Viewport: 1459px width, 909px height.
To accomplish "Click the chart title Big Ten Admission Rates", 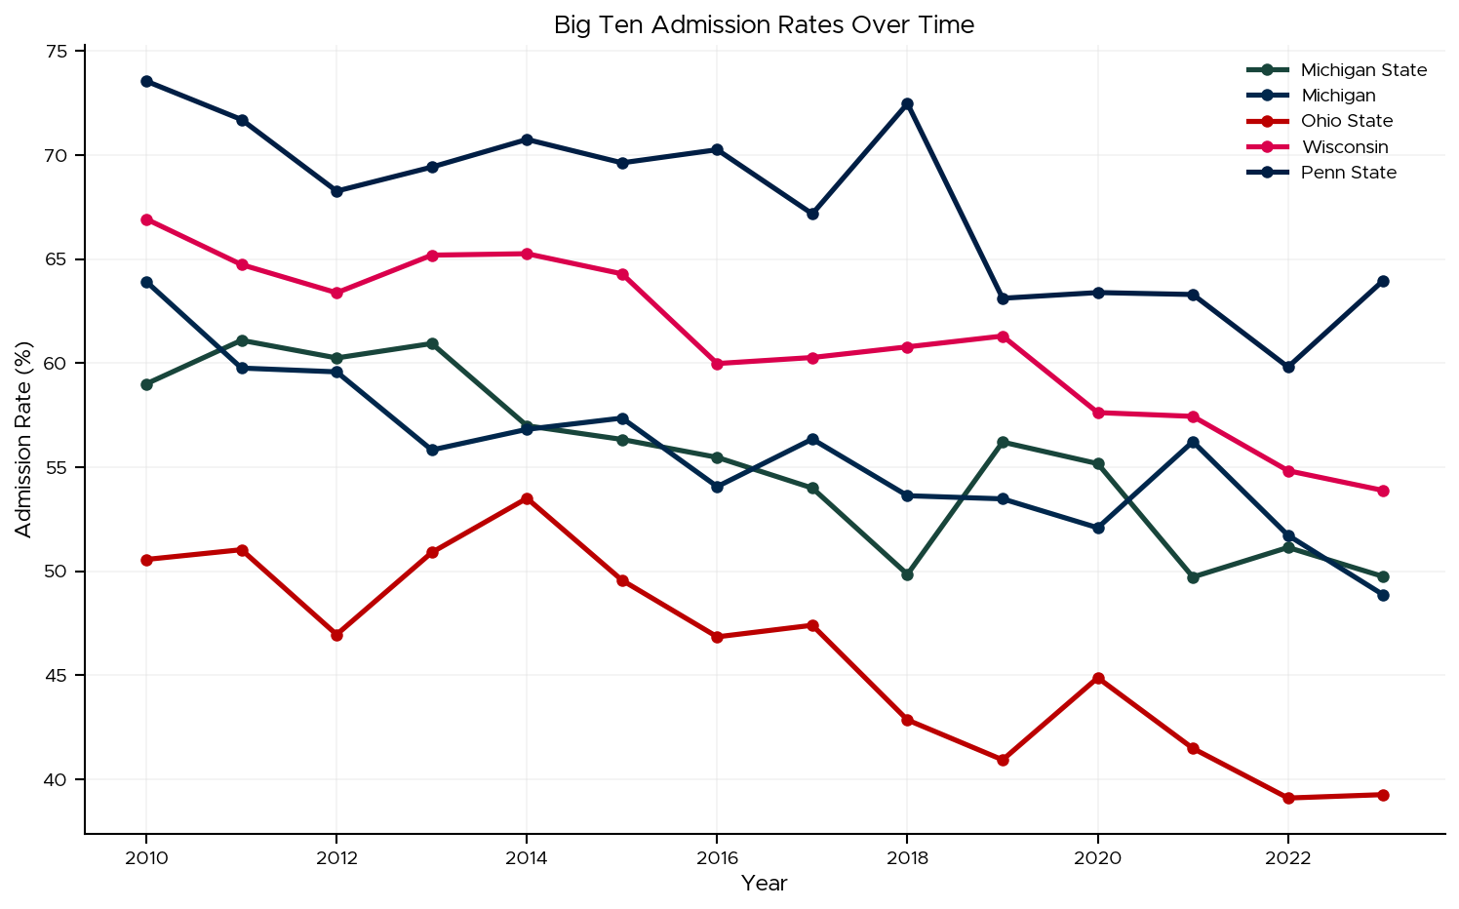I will [x=764, y=25].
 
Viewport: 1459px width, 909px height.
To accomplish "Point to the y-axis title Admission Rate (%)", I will [x=23, y=440].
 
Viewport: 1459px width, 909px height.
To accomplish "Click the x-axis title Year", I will [x=764, y=884].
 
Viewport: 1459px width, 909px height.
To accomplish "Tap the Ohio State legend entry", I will [x=1346, y=121].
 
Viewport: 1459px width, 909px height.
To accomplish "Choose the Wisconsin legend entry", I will [x=1344, y=147].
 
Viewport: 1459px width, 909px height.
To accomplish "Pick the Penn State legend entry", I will [x=1348, y=173].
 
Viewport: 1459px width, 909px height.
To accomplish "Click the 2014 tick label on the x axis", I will [x=527, y=858].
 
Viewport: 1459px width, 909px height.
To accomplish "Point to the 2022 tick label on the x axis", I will [x=1287, y=858].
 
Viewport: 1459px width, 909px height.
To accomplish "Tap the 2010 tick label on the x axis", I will [x=146, y=858].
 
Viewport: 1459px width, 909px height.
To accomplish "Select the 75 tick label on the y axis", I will [x=61, y=52].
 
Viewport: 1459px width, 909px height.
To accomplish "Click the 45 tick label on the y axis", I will [x=61, y=676].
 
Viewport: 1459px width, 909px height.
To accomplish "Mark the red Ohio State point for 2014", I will [x=527, y=498].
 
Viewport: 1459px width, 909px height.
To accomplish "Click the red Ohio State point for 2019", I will [x=1003, y=760].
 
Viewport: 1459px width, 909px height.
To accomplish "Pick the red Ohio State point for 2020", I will [x=1098, y=678].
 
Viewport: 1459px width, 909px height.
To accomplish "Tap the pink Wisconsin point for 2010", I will [x=146, y=219].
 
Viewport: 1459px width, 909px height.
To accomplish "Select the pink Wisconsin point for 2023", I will [x=1383, y=491].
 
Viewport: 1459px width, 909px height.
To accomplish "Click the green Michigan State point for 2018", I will [x=907, y=574].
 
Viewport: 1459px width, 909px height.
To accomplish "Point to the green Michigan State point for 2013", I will [x=432, y=343].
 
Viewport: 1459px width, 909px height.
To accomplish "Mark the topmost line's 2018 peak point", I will [x=907, y=103].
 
